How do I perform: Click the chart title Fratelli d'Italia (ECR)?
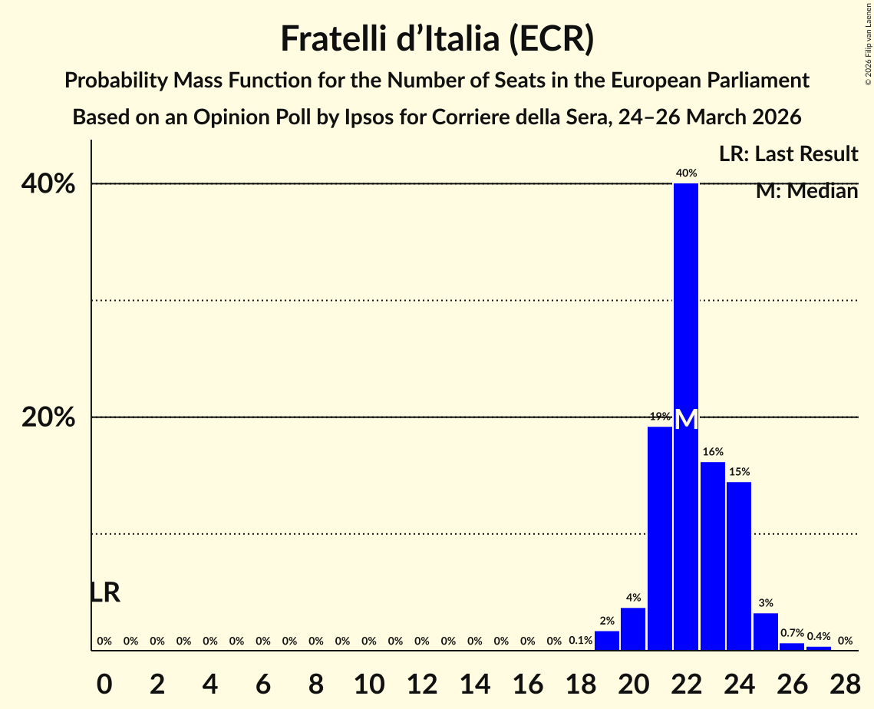[x=437, y=38]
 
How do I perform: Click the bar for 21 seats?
[x=660, y=537]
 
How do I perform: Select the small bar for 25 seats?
[x=766, y=632]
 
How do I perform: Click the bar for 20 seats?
[x=633, y=629]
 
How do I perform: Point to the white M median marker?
[x=686, y=419]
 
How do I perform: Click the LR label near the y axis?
[x=105, y=592]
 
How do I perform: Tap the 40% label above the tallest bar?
[x=686, y=173]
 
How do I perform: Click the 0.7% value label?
[x=792, y=633]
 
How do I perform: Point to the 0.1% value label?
[x=580, y=641]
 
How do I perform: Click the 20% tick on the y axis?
[x=48, y=417]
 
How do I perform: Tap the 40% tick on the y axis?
[x=48, y=184]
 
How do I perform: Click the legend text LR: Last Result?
[x=788, y=154]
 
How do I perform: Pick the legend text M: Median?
[x=806, y=191]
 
